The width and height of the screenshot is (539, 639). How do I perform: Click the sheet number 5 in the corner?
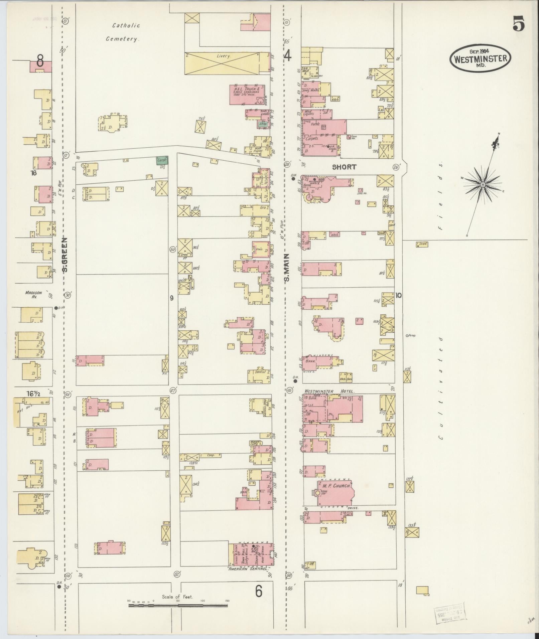click(518, 24)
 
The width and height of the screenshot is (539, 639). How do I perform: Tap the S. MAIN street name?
click(287, 267)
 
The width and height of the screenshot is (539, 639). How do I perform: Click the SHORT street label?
click(344, 167)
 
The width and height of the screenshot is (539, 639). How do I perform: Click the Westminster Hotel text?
click(329, 391)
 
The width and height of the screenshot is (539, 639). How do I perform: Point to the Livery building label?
click(223, 56)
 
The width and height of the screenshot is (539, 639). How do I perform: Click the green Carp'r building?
click(162, 161)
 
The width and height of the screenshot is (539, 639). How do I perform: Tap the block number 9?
click(172, 298)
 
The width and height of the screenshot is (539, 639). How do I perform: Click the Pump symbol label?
click(411, 335)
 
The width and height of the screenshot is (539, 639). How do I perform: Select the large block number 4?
click(287, 55)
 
